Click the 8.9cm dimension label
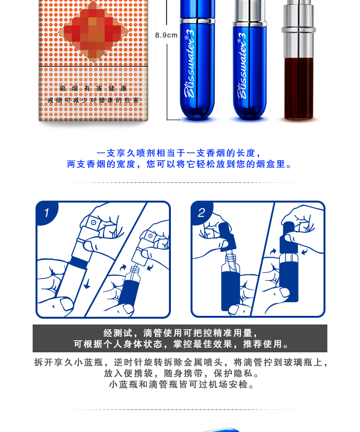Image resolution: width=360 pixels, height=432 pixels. (x=166, y=35)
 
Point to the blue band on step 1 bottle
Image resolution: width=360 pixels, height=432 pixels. (x=76, y=263)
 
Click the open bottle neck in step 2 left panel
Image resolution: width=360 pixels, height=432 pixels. (x=230, y=262)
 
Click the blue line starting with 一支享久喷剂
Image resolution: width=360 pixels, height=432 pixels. (x=180, y=153)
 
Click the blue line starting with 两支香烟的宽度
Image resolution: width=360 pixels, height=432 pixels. (x=180, y=164)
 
